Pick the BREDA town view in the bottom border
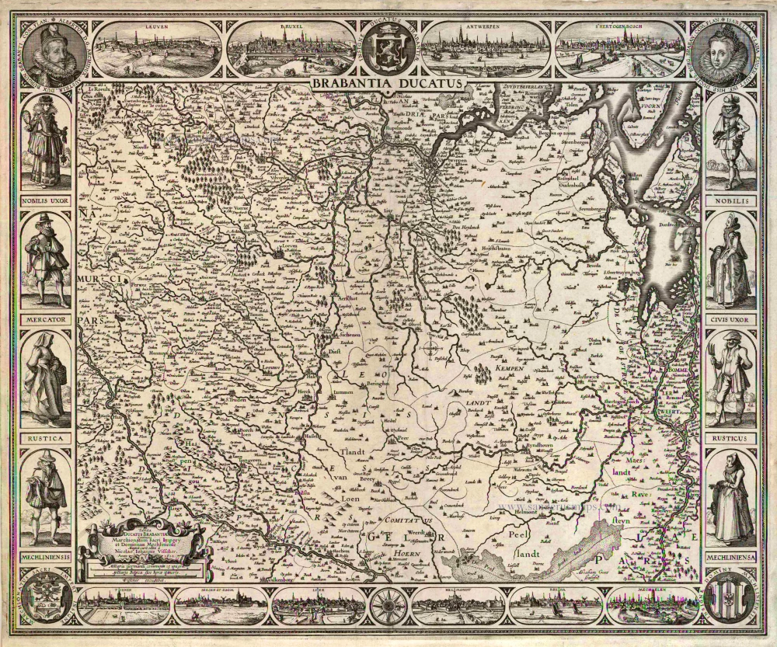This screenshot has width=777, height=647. pyautogui.click(x=555, y=606)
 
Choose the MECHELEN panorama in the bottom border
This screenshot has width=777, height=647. pyautogui.click(x=651, y=606)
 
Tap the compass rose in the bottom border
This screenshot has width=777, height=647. pyautogui.click(x=386, y=606)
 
